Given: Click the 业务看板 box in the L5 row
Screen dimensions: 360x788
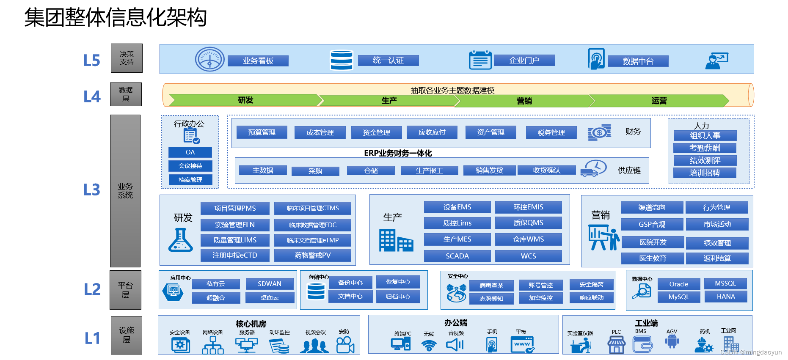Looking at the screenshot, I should (x=258, y=61).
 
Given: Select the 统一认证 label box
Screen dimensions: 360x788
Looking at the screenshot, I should (x=388, y=60).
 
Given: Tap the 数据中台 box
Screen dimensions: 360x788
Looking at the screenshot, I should (x=638, y=61).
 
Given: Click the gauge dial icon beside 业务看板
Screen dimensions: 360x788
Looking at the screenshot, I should (x=209, y=59).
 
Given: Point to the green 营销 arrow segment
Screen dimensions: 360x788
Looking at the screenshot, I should (x=524, y=101).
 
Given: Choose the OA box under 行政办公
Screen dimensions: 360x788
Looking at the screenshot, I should (x=190, y=152).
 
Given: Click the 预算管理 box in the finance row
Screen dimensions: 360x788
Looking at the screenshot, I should (x=262, y=132).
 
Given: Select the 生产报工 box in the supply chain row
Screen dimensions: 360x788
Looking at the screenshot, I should (x=429, y=170).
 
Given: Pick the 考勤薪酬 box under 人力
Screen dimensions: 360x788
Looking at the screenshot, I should (x=705, y=148).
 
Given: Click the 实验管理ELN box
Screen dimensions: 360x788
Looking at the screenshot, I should (x=234, y=225).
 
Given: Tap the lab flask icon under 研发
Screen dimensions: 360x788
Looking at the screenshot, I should (x=181, y=240).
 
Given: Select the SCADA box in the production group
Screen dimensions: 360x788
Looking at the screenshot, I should (x=457, y=256).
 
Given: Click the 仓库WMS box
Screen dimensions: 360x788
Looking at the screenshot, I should (x=528, y=239).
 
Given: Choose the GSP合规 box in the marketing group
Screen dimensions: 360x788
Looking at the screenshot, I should (x=652, y=224).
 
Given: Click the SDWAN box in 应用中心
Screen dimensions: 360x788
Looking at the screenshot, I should (x=270, y=284).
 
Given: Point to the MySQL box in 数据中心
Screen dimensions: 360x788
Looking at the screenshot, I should (x=678, y=297).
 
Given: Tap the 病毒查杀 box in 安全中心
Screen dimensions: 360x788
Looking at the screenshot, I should (x=491, y=286).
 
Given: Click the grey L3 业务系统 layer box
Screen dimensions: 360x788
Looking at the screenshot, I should (x=125, y=191).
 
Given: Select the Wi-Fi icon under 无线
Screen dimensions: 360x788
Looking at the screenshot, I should (x=429, y=345).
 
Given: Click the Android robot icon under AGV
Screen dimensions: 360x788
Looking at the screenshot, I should (x=672, y=342).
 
